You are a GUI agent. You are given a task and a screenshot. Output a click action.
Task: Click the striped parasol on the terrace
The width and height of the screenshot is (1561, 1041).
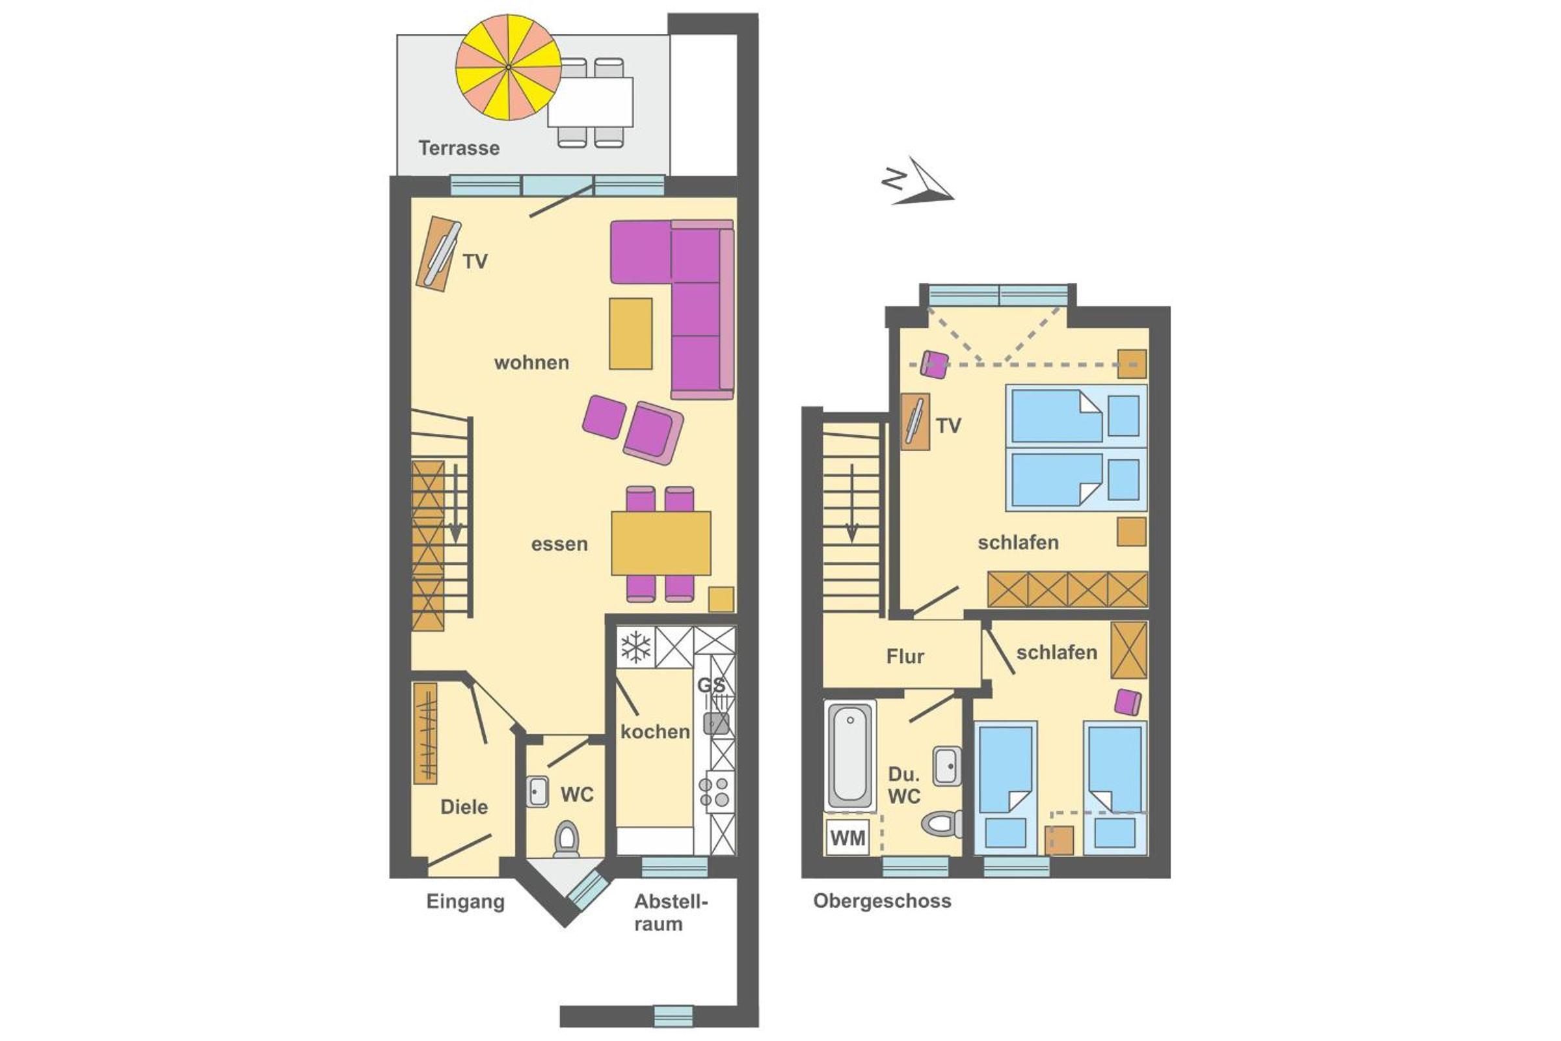point(509,67)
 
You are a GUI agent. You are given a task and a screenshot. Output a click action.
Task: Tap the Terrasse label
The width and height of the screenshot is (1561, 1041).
point(459,148)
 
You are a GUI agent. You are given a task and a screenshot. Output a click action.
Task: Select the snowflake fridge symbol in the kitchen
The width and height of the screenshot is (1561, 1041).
point(636,647)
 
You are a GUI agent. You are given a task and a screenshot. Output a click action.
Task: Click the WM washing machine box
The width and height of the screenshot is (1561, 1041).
point(847,838)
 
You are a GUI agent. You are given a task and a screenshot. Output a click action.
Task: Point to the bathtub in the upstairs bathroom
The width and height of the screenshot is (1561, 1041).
point(849,755)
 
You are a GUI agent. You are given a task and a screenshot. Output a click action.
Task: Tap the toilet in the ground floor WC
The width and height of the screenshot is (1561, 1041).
point(566,839)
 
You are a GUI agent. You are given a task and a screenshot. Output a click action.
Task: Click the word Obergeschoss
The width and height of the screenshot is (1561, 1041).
point(882,901)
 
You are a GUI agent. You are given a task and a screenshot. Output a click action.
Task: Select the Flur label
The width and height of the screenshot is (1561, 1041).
point(905,656)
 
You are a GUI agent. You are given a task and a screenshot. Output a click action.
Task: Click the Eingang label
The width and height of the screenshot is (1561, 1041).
point(465,902)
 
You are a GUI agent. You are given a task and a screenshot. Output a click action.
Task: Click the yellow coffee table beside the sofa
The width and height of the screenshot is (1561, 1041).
point(630,333)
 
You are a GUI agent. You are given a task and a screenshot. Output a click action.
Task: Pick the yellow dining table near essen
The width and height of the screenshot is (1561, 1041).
point(661,543)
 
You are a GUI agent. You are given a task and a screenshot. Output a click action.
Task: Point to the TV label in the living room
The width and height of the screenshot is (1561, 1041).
point(475,262)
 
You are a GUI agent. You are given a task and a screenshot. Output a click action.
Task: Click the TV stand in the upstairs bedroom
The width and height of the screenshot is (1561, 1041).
point(915,422)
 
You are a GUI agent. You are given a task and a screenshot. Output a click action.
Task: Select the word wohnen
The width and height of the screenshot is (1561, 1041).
point(531,362)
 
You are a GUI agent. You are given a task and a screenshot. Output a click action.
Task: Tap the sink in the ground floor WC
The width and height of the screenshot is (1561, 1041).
point(538,792)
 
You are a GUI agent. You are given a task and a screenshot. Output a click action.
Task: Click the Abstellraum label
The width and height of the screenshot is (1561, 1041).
point(671,913)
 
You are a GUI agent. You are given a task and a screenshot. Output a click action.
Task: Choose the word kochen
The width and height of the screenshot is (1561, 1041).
point(655,731)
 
